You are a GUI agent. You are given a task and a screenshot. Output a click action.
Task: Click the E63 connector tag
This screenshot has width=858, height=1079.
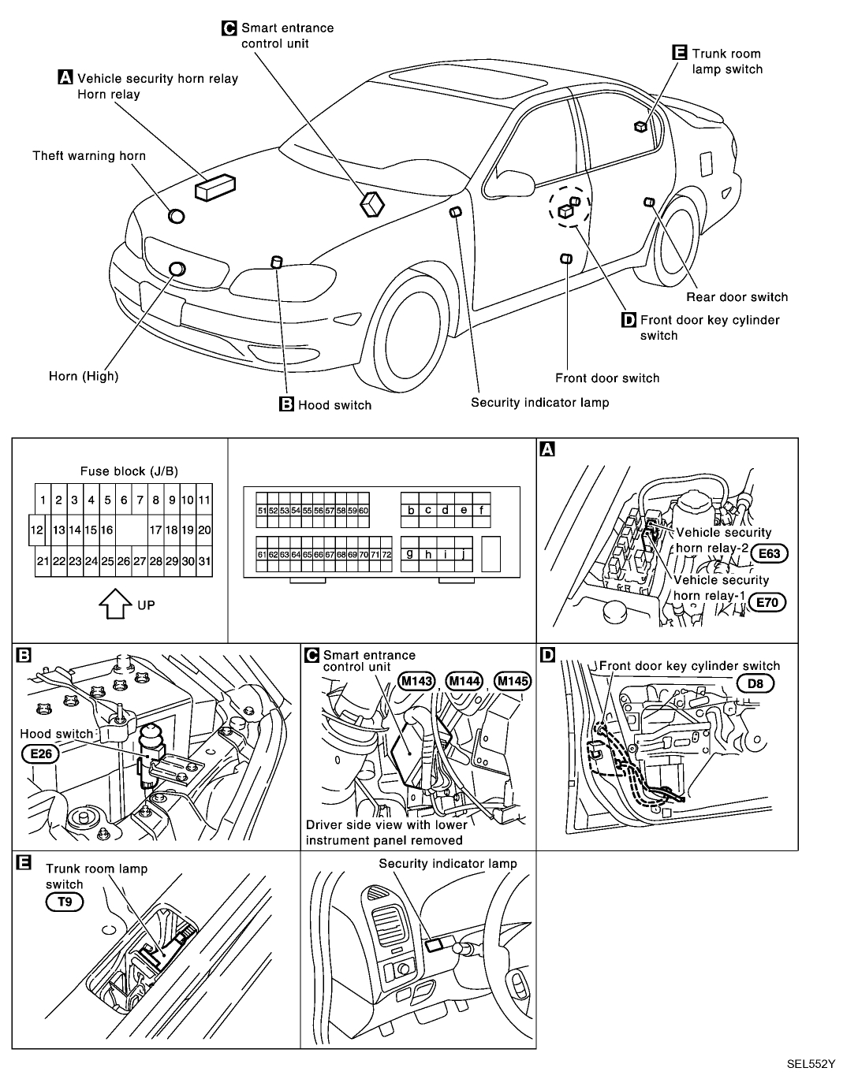pyautogui.click(x=770, y=553)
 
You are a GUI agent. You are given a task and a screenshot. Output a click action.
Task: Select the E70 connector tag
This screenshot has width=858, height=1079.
pyautogui.click(x=770, y=604)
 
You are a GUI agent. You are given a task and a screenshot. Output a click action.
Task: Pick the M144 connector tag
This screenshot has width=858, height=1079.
pyautogui.click(x=464, y=681)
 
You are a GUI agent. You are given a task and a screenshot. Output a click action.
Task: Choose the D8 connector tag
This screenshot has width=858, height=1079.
pyautogui.click(x=755, y=683)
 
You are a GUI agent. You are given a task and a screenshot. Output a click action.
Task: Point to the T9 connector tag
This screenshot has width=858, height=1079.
pyautogui.click(x=65, y=902)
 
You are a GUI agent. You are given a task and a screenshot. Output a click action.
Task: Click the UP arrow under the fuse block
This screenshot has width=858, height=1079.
pyautogui.click(x=114, y=605)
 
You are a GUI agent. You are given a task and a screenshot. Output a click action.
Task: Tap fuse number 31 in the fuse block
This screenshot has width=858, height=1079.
pyautogui.click(x=204, y=561)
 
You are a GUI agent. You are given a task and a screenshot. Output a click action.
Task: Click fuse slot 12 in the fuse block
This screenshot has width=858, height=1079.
pyautogui.click(x=35, y=530)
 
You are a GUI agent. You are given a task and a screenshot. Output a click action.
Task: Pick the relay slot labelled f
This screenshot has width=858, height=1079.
pyautogui.click(x=481, y=510)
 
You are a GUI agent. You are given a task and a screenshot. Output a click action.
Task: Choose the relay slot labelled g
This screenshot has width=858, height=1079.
pyautogui.click(x=410, y=554)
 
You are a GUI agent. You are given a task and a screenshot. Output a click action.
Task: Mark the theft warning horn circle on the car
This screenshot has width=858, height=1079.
pyautogui.click(x=177, y=217)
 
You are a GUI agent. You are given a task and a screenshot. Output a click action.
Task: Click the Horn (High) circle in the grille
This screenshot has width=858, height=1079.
pyautogui.click(x=177, y=270)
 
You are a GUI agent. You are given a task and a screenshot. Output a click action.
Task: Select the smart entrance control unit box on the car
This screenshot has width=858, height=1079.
pyautogui.click(x=371, y=204)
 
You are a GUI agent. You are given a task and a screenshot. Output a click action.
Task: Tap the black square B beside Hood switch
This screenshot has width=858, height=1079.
pyautogui.click(x=287, y=405)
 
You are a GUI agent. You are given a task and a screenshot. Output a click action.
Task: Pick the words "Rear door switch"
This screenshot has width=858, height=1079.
pyautogui.click(x=737, y=297)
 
